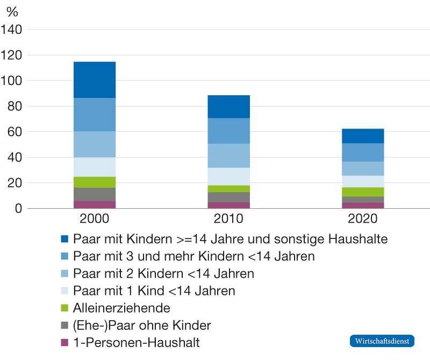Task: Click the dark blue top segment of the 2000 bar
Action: (x=95, y=80)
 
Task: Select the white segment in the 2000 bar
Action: (x=95, y=167)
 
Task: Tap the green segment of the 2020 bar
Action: (x=363, y=192)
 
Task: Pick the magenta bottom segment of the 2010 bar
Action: (x=228, y=205)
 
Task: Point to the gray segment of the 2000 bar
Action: (x=95, y=194)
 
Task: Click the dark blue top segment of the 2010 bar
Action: (x=228, y=107)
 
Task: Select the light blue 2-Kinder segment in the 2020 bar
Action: (x=363, y=168)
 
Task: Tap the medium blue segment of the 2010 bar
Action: (x=228, y=131)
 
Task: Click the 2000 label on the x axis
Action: (x=95, y=219)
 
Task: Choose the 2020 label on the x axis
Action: (x=363, y=219)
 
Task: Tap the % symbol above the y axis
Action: (x=12, y=12)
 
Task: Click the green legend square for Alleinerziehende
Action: (x=65, y=308)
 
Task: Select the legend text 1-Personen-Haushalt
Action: (x=136, y=342)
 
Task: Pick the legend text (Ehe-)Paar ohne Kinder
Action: (x=142, y=325)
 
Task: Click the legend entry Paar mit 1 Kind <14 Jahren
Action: (x=154, y=291)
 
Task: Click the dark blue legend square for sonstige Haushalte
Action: (x=65, y=238)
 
